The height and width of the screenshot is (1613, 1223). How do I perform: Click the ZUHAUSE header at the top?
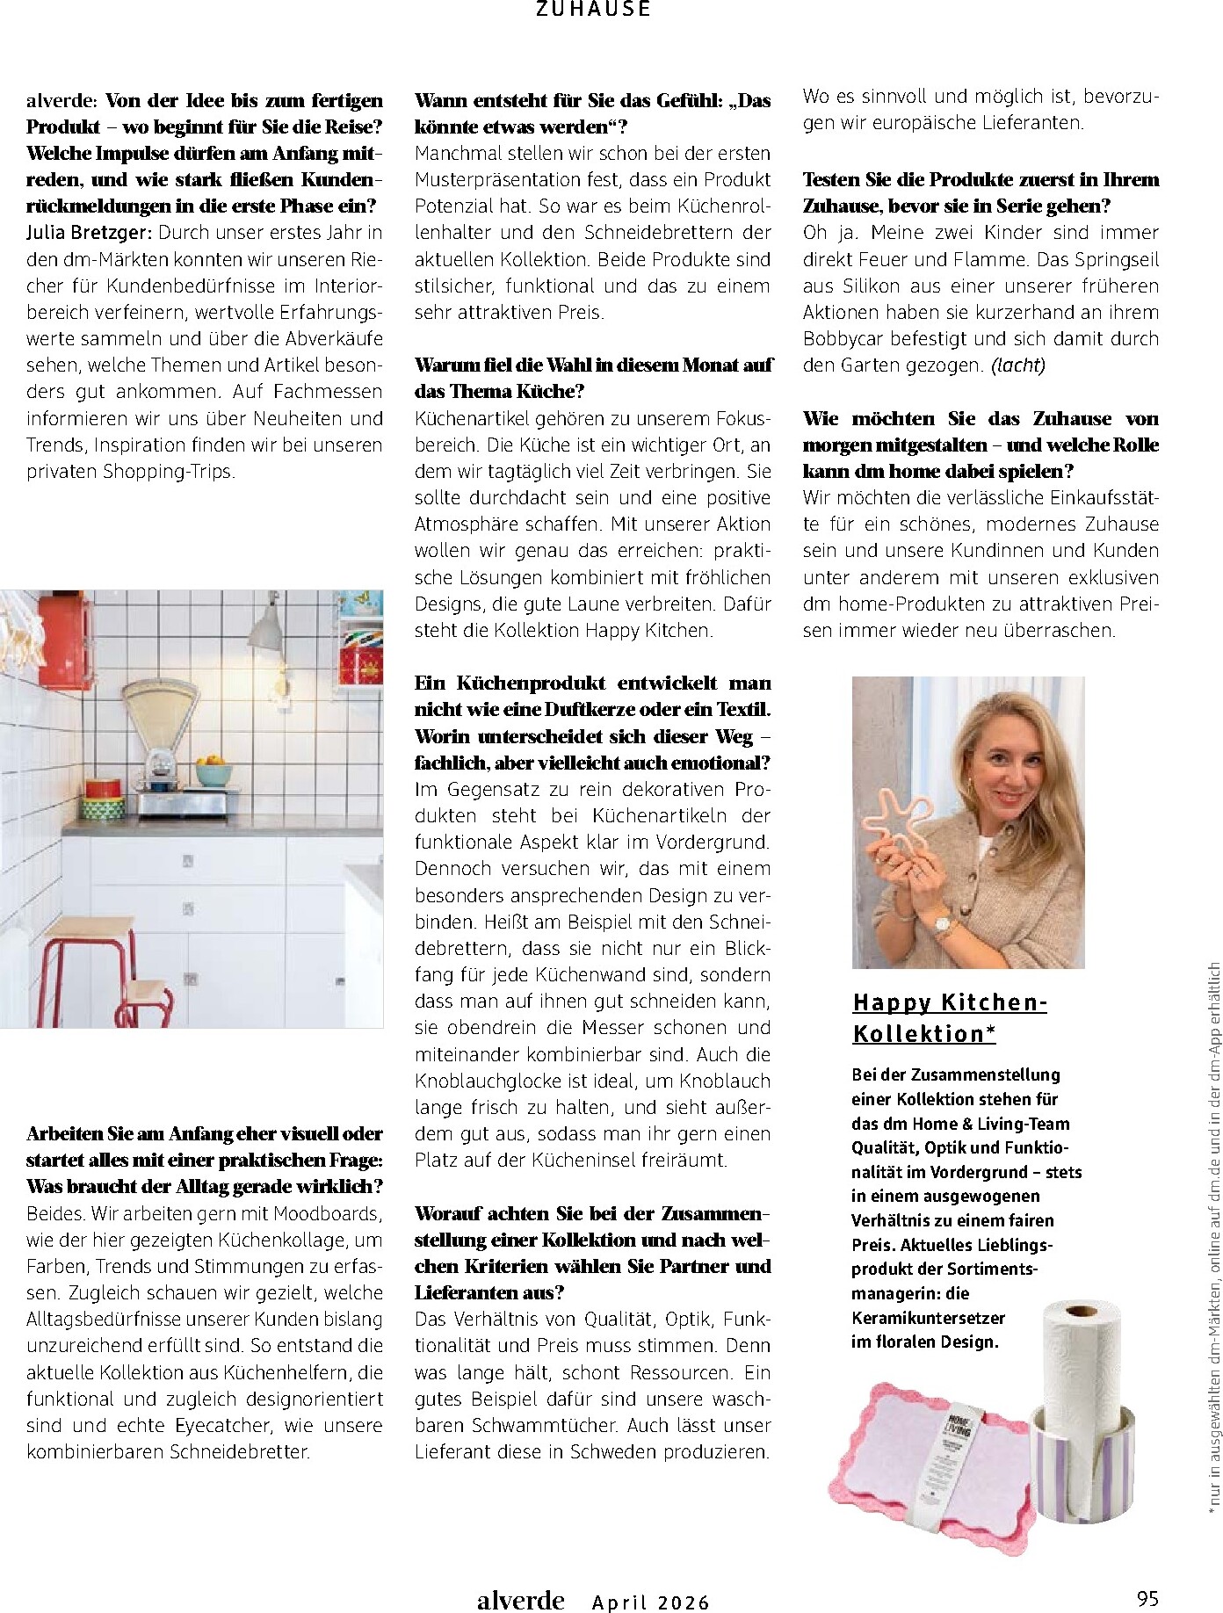[x=594, y=9]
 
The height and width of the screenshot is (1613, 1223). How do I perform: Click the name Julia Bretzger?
[x=90, y=233]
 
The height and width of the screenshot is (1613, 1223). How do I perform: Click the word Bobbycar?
[x=843, y=339]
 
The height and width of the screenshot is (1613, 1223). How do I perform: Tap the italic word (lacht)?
[x=1018, y=365]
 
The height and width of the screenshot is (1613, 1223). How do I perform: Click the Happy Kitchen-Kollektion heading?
[x=949, y=1017]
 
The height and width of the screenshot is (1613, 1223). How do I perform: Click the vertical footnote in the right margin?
[x=1213, y=1239]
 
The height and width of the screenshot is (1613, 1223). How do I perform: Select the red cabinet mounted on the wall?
[x=65, y=640]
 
